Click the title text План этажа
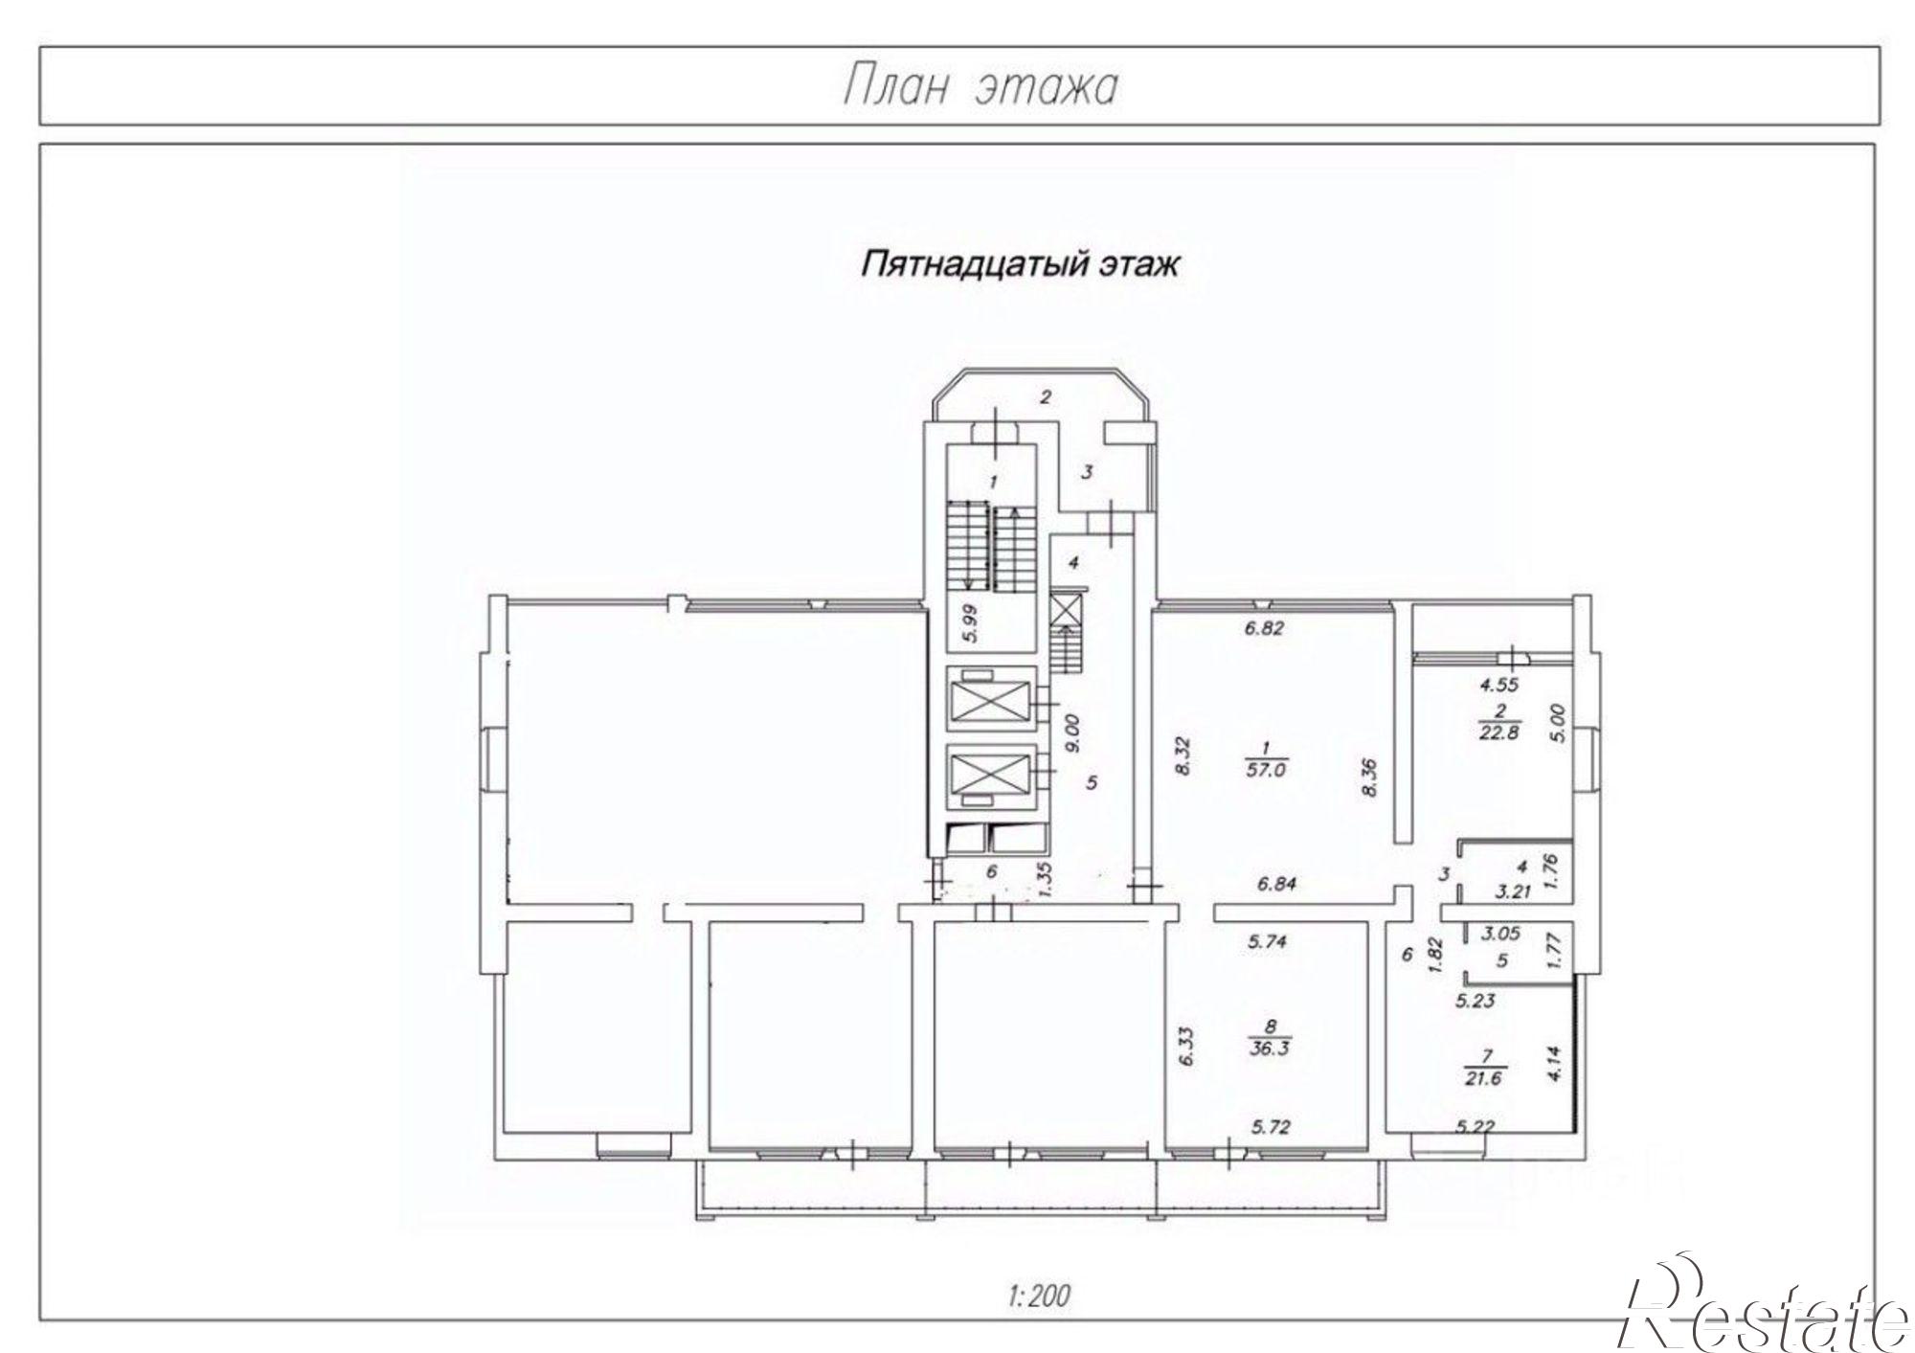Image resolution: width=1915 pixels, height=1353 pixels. point(980,87)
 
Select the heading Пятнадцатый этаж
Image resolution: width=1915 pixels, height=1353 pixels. point(1019,263)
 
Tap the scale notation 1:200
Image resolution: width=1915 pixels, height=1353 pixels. point(1038,1297)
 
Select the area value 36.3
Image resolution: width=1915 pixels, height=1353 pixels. point(1270,1048)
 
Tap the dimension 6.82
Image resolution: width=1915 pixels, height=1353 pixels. point(1263,629)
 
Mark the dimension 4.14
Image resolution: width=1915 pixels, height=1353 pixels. point(1554,1063)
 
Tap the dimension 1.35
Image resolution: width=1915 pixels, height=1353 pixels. point(1046,878)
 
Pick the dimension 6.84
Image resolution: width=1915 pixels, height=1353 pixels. point(1277,884)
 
